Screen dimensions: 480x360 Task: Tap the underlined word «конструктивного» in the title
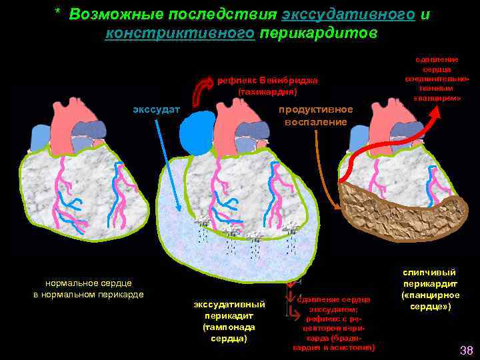180,33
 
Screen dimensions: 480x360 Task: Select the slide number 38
466,350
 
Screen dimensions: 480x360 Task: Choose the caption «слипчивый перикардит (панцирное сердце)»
429,289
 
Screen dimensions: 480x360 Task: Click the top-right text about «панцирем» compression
436,79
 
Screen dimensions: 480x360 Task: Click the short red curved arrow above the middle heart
201,88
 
